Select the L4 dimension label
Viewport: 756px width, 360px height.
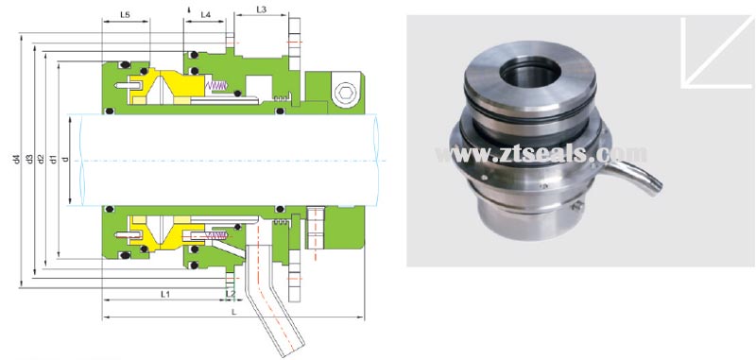(205, 16)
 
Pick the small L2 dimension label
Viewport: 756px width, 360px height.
(232, 294)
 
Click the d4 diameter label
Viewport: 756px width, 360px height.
(16, 159)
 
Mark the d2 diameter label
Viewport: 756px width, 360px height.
(42, 159)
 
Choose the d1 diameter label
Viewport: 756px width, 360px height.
(53, 159)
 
